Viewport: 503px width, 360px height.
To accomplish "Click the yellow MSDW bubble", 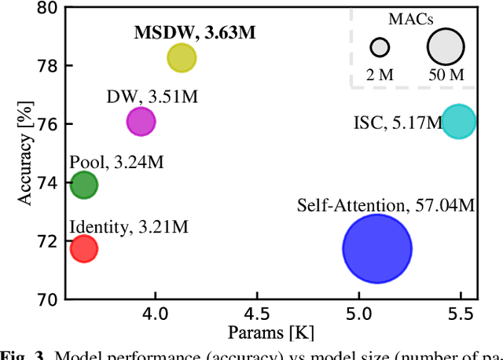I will [x=182, y=57].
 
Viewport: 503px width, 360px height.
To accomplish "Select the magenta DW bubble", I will [x=141, y=121].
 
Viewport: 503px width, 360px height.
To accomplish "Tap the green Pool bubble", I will [x=83, y=186].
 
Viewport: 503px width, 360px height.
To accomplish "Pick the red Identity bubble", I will [x=83, y=249].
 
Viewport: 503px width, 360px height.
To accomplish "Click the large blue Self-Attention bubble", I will [x=377, y=248].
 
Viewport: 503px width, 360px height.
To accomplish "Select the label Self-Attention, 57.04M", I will [x=386, y=206].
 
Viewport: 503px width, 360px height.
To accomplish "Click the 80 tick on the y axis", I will [x=46, y=8].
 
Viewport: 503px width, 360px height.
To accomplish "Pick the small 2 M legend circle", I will [x=380, y=47].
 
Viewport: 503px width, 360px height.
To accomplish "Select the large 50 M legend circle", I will [x=446, y=46].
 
